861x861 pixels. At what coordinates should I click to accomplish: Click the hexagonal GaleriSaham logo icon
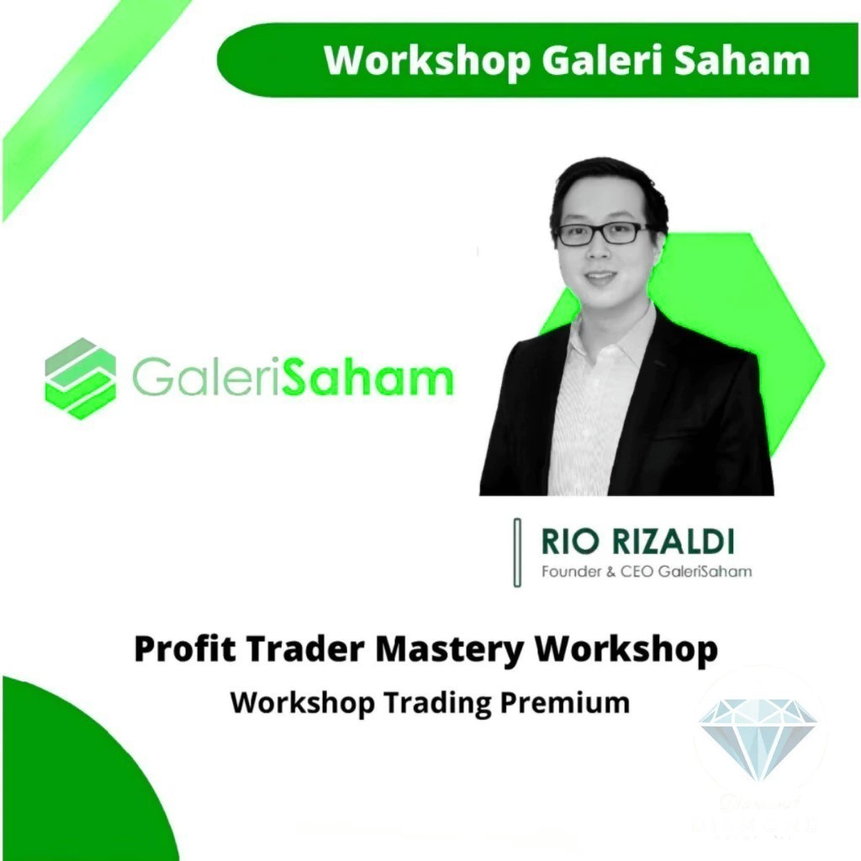[81, 378]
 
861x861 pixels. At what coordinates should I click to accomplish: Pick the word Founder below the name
[568, 572]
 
